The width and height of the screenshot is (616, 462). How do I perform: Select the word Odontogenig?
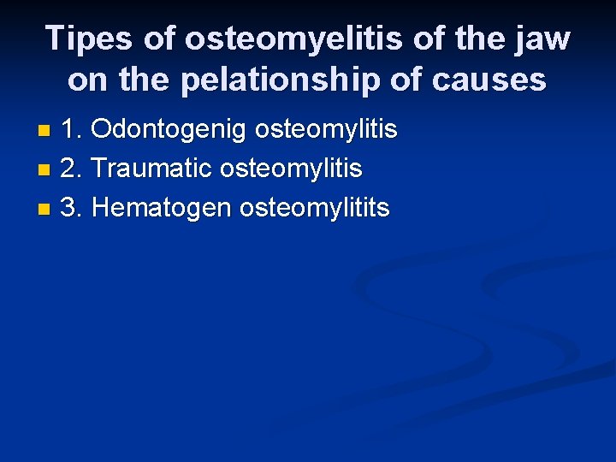pos(168,130)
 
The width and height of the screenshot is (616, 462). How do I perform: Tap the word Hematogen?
pos(162,207)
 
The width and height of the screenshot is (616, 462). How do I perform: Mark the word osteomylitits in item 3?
pos(314,207)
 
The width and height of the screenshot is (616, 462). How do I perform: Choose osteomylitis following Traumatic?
pos(292,169)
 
